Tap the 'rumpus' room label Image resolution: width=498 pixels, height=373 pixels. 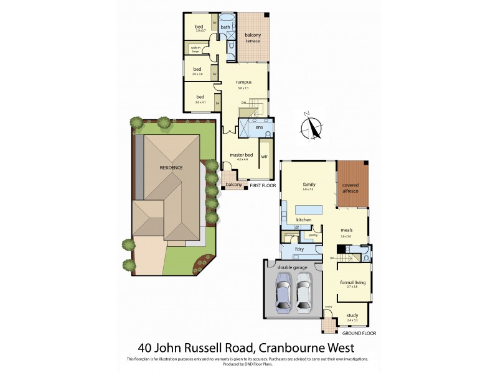[x=243, y=81]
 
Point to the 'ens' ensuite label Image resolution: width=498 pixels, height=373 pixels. [x=260, y=127]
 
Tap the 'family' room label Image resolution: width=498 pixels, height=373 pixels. [x=309, y=184]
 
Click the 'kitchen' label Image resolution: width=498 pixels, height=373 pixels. [x=304, y=220]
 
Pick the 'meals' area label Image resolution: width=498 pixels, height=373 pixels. [x=347, y=229]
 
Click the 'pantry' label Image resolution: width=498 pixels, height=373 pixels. [x=312, y=235]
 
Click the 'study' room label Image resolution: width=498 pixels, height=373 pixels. [x=352, y=315]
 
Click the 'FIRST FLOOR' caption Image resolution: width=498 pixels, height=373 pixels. [x=263, y=185]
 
